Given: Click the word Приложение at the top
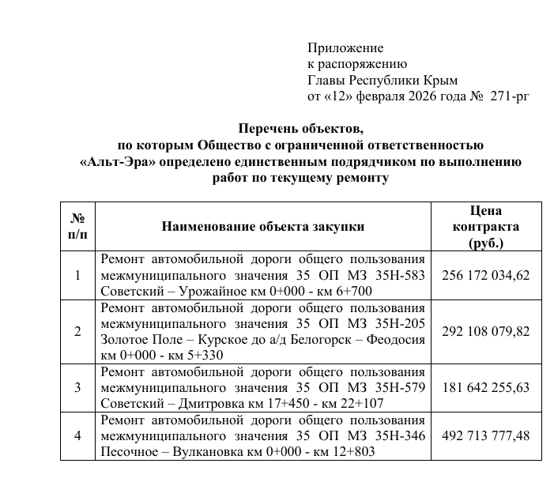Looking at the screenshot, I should tap(345, 49).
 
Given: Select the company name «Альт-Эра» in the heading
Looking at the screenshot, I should tap(118, 162).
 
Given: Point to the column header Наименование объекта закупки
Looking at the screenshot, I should tap(263, 227).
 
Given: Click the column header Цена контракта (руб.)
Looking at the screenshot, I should tap(485, 227).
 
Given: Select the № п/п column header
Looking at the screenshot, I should tap(77, 227).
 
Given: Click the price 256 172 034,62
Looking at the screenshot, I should tap(486, 276).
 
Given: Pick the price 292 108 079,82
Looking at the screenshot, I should tap(486, 332).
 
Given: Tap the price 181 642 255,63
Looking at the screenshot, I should tap(486, 387).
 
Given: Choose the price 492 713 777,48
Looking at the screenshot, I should tap(486, 436).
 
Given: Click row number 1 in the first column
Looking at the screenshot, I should tap(77, 276).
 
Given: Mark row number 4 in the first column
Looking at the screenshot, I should tap(77, 436).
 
